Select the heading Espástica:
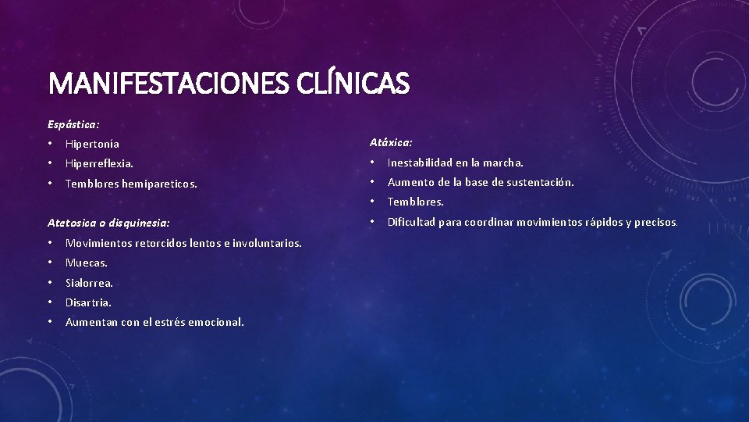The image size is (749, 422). (x=73, y=124)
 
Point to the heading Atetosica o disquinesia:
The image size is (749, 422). (x=108, y=223)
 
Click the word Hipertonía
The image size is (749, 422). (x=93, y=144)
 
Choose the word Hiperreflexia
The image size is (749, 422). (x=99, y=164)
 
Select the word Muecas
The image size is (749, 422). (x=87, y=263)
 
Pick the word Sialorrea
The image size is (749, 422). (x=90, y=283)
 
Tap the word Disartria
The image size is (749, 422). (x=89, y=302)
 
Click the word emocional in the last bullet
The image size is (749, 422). (x=215, y=322)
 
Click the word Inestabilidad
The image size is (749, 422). (x=421, y=163)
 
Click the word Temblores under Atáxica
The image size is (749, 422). (x=416, y=202)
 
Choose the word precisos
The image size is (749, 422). (x=656, y=222)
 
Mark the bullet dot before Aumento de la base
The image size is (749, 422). (x=372, y=182)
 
